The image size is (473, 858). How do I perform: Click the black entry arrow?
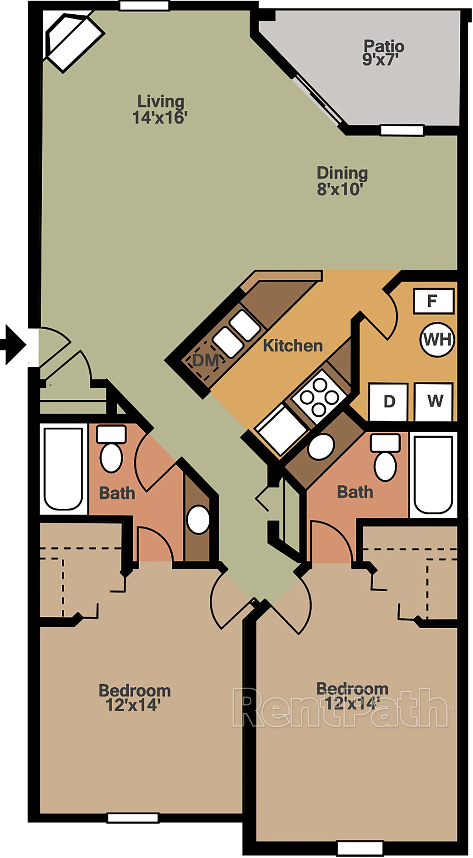pos(14,345)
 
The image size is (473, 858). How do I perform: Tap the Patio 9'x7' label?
pos(383,53)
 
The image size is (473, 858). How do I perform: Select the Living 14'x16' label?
pos(160,109)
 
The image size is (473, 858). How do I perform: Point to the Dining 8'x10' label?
pos(342,181)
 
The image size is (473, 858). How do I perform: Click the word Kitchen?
pos(293,346)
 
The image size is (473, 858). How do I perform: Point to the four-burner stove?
pos(319,396)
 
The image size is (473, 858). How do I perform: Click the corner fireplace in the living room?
pos(74,42)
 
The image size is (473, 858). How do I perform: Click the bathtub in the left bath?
pos(63,469)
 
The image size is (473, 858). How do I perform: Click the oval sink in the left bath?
pos(198,519)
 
